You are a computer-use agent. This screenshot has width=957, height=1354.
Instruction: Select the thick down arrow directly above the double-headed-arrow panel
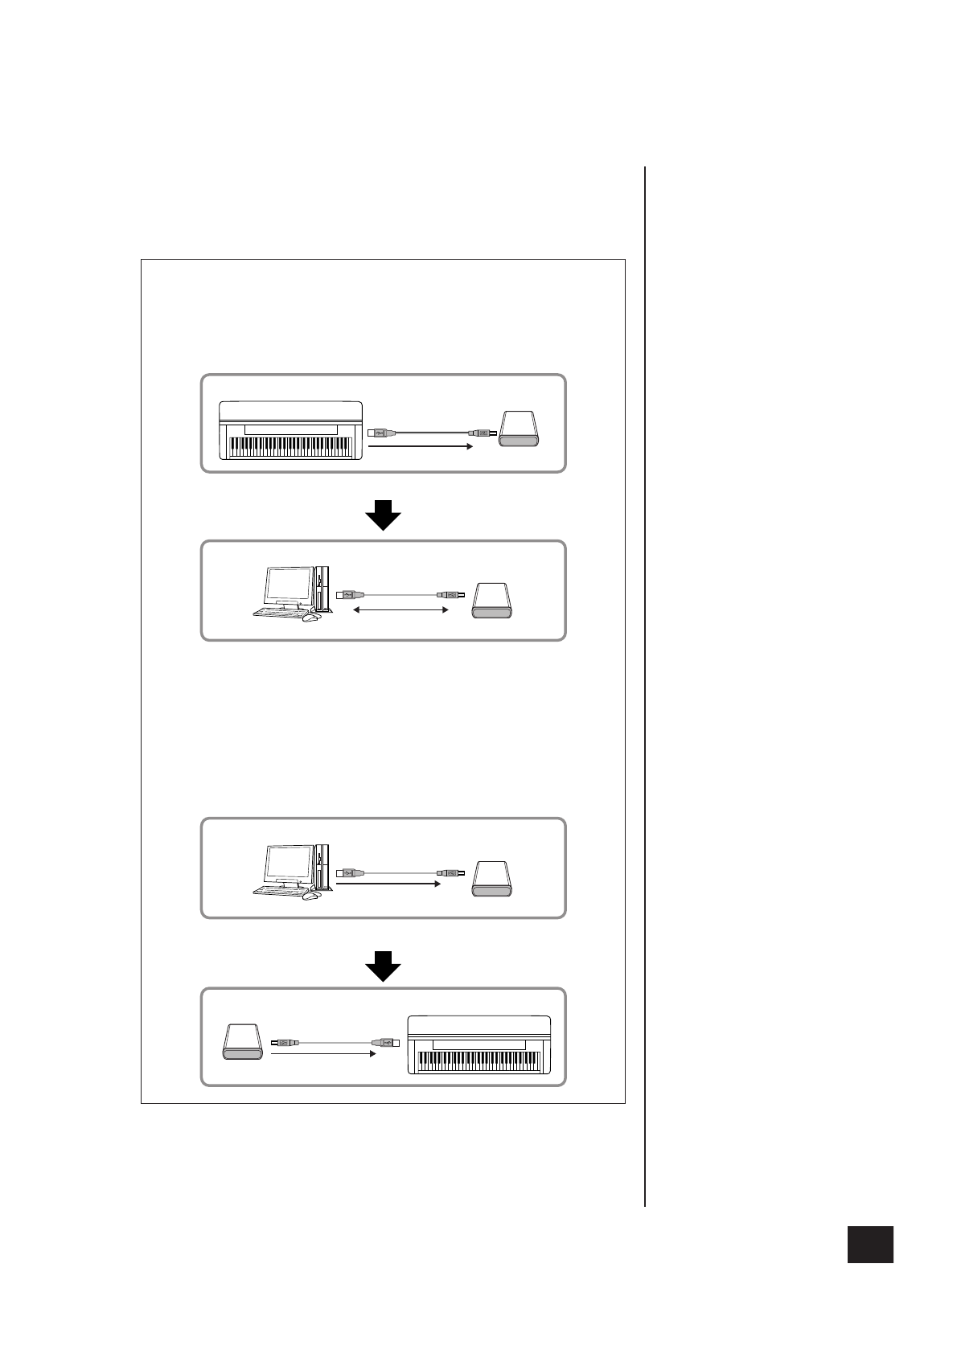(x=384, y=515)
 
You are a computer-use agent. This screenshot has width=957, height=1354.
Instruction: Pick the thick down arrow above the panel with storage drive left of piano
(x=384, y=966)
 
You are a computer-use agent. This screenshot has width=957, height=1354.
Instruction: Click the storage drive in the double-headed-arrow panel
(x=493, y=602)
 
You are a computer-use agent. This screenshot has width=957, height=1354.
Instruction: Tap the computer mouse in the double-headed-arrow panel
(x=310, y=618)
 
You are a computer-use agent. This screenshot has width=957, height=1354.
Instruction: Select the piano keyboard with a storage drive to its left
(x=479, y=1045)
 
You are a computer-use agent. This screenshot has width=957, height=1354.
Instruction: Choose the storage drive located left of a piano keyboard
(x=242, y=1043)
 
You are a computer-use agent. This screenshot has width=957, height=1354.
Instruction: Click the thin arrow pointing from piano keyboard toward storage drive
(x=418, y=445)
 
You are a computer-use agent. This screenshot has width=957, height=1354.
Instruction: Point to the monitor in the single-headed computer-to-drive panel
(x=290, y=864)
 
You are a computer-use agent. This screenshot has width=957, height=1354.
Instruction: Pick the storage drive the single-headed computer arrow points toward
(x=493, y=879)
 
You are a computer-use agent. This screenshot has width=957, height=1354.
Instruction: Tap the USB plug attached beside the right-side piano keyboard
(x=384, y=1042)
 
